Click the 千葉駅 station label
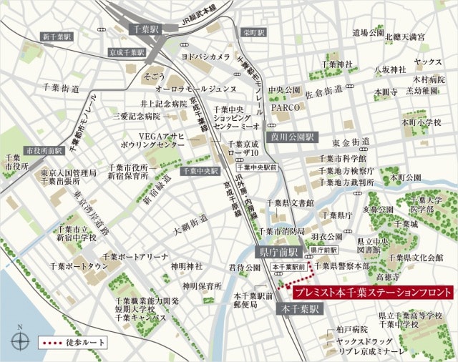[x=147, y=29]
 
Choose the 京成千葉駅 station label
[x=126, y=53]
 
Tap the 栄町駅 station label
[x=253, y=33]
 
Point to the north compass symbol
[x=20, y=339]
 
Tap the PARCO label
[x=284, y=107]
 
